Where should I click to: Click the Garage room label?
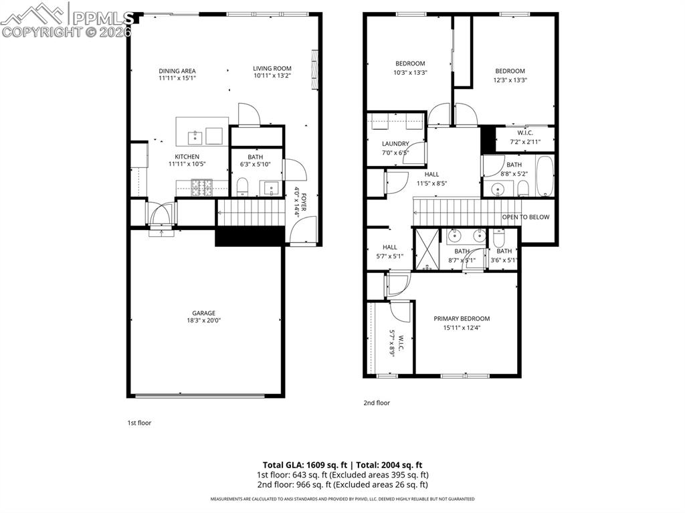[205, 313]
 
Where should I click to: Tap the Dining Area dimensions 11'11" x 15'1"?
[177, 78]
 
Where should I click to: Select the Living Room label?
[272, 68]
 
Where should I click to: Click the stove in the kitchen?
[201, 188]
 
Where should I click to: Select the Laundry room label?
[395, 144]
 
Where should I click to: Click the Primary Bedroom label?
[462, 318]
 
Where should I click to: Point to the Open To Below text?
[526, 217]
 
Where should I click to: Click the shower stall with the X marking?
[427, 249]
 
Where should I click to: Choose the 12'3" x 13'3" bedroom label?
[510, 71]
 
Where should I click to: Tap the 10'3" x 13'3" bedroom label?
[410, 64]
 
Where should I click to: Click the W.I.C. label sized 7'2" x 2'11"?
[524, 132]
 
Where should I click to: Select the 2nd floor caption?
[377, 403]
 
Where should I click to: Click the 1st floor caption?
[139, 423]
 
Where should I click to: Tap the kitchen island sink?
[195, 138]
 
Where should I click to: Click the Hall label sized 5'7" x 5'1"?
[390, 247]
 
